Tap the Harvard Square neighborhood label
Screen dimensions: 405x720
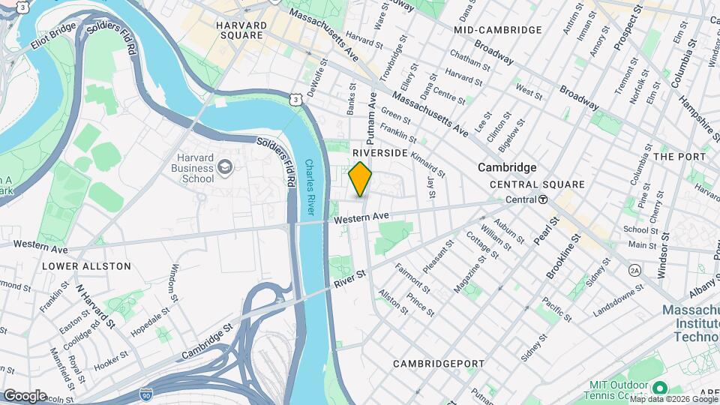click(241, 31)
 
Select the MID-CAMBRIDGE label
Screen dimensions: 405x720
click(497, 30)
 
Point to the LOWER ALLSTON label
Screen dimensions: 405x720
click(86, 266)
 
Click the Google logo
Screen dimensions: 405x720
click(25, 395)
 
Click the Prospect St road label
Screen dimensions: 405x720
click(628, 29)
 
